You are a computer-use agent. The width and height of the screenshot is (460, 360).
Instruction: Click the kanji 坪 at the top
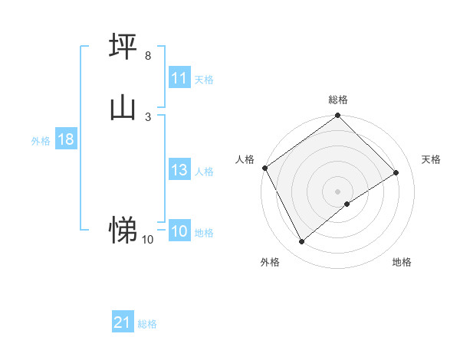coord(123,47)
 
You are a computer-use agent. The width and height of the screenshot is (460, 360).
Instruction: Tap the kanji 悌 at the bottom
coord(123,229)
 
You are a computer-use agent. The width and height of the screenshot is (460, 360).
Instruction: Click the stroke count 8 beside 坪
coord(147,56)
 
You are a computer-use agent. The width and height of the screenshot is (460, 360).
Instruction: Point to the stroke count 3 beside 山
coord(147,116)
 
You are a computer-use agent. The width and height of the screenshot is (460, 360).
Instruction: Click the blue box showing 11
coord(179,78)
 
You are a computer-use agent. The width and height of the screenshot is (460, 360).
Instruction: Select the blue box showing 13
coord(179,170)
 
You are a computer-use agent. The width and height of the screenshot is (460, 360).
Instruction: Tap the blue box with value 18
coord(65,139)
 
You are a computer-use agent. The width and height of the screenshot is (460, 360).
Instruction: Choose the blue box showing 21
coord(123,322)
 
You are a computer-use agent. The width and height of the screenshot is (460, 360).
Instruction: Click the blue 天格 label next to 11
coord(204,80)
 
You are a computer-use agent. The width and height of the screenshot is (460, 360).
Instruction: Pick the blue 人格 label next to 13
coord(204,172)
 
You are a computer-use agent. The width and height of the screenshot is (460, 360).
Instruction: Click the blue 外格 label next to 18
coord(41,141)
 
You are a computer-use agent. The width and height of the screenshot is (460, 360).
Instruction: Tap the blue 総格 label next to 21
coord(147,324)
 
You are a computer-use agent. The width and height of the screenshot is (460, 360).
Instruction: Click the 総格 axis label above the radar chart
coord(338,100)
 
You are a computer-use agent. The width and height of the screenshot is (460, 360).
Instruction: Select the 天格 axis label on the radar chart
coord(432,159)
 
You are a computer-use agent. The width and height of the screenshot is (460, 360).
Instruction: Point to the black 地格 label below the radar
coord(402,263)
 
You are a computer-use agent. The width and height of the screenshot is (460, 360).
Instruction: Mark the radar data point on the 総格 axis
coord(338,116)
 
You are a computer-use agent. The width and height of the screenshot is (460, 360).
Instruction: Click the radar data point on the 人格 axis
coord(264,168)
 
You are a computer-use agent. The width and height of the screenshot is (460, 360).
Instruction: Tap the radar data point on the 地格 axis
coord(347,204)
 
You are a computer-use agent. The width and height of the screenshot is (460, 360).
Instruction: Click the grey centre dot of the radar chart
coord(338,191)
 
